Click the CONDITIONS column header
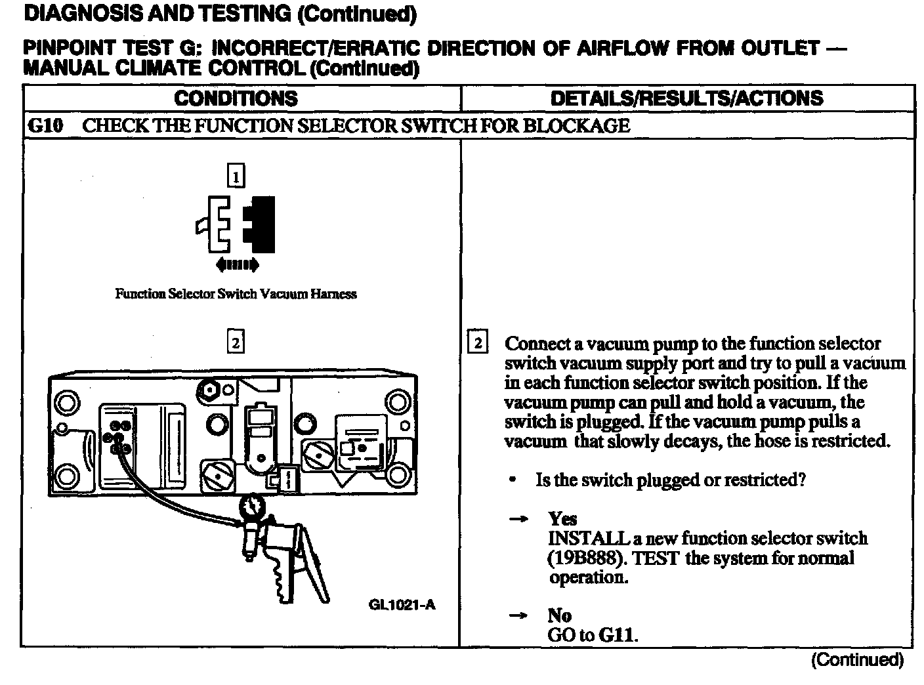(236, 98)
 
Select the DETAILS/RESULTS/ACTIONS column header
(686, 98)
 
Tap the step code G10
(45, 125)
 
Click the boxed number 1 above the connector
(236, 176)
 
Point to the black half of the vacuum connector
(261, 224)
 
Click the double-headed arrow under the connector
(237, 265)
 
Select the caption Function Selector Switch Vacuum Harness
(236, 294)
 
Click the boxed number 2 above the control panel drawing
(236, 342)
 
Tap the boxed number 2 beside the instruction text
(478, 343)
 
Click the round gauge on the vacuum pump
(253, 507)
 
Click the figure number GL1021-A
(402, 605)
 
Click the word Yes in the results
(562, 519)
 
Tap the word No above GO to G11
(559, 615)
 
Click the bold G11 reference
(617, 635)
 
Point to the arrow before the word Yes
(518, 519)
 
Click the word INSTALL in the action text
(589, 539)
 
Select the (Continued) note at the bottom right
(857, 660)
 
